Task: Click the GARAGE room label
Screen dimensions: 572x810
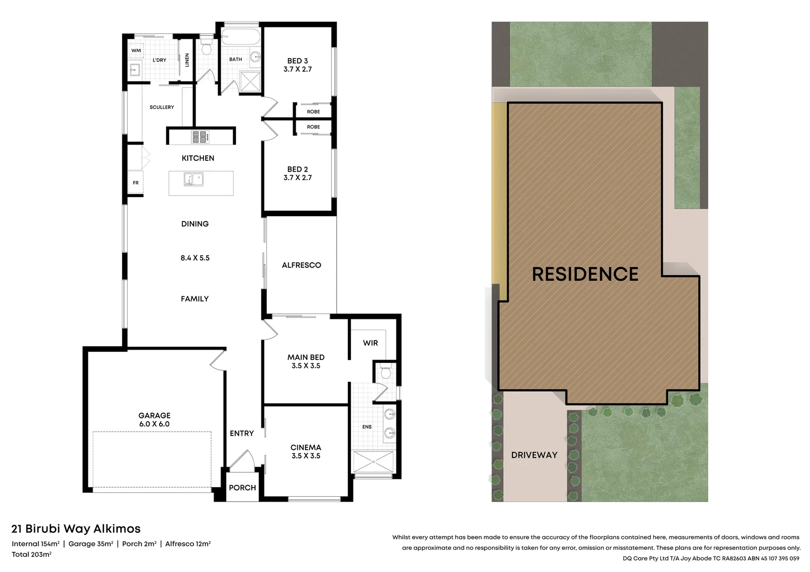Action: (x=154, y=416)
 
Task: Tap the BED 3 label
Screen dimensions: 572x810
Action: (x=297, y=61)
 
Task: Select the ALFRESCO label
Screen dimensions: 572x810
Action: (x=301, y=265)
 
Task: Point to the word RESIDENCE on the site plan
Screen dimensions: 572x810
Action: (x=585, y=274)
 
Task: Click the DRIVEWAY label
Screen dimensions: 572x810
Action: (x=534, y=455)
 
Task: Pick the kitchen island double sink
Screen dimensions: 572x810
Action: (x=193, y=180)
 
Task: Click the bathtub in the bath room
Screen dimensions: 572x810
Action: (x=240, y=38)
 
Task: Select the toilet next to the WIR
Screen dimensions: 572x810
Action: (x=385, y=372)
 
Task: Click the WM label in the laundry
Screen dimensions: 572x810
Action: (x=136, y=51)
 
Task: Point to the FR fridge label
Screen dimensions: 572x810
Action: (x=136, y=183)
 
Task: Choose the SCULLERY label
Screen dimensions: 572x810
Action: (x=162, y=108)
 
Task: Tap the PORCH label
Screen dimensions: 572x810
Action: (x=242, y=488)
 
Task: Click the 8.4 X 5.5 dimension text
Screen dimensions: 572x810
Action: (x=195, y=258)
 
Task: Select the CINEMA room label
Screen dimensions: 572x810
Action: (x=306, y=448)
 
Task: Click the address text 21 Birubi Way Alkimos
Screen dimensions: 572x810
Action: (x=76, y=529)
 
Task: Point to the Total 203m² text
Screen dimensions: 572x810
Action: (x=32, y=555)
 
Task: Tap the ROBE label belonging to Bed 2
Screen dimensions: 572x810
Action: (x=313, y=127)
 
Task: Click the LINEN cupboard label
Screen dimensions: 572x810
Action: (x=187, y=60)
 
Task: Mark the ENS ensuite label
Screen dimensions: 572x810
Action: (x=367, y=427)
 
